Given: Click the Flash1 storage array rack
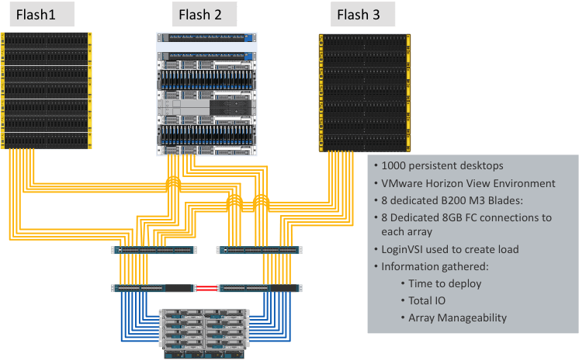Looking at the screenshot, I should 47,89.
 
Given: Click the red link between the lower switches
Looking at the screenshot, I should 206,288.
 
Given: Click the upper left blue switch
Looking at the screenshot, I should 154,250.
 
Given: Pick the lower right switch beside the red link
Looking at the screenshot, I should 258,288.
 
